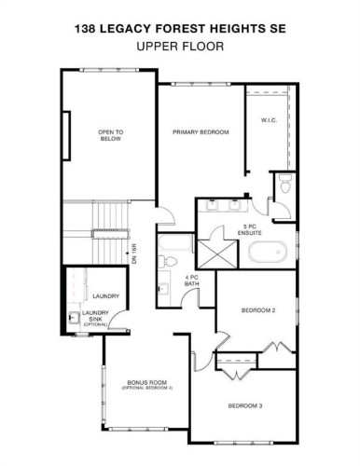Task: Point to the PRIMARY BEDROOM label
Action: pos(201,133)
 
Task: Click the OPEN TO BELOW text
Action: pos(111,137)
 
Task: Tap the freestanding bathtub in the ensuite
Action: pos(270,250)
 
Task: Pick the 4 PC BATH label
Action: pos(193,281)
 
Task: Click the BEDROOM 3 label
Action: pos(248,405)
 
